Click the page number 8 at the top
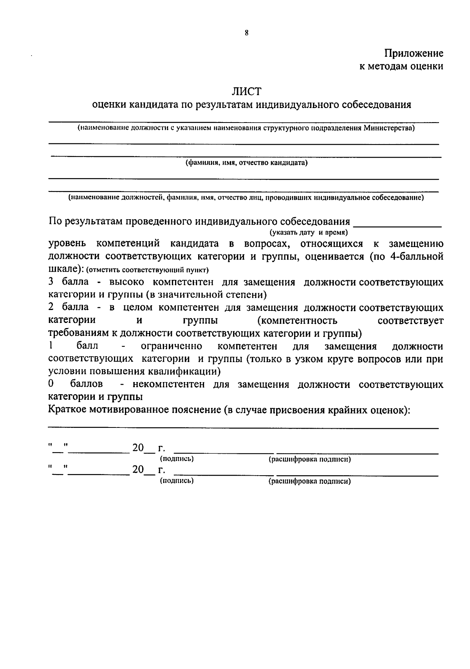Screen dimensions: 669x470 click(x=246, y=33)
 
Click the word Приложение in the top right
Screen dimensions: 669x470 click(x=414, y=53)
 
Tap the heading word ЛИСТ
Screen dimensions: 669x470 click(x=246, y=92)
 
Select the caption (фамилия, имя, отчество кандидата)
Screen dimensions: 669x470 click(x=246, y=163)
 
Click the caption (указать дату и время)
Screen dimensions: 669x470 click(x=309, y=233)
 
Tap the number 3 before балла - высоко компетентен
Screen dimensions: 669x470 click(x=51, y=282)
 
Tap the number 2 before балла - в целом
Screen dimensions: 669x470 click(x=51, y=308)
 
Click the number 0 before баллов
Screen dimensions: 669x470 click(x=51, y=384)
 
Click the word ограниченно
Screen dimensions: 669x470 click(x=171, y=346)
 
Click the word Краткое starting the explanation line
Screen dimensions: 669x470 click(x=67, y=409)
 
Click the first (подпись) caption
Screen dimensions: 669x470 click(x=177, y=458)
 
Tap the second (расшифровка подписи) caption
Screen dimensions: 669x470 click(x=309, y=481)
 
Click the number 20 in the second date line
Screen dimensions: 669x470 click(x=138, y=470)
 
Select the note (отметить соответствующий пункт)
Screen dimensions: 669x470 click(x=147, y=270)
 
